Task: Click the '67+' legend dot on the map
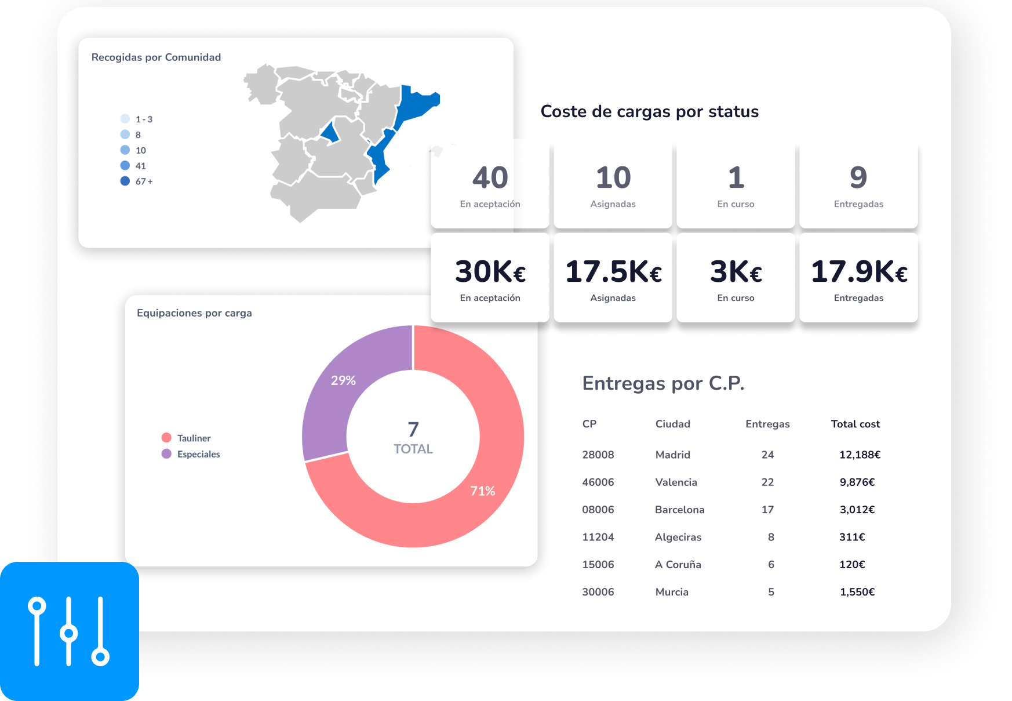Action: (125, 181)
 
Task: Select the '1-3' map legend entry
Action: (137, 119)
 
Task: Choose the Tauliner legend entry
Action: (186, 438)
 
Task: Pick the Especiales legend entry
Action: (191, 454)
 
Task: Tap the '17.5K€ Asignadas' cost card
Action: (613, 278)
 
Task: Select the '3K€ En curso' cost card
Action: (736, 278)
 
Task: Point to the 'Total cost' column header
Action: (856, 424)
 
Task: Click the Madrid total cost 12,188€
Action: (860, 455)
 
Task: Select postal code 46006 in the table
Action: (598, 482)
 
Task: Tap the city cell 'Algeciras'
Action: (678, 537)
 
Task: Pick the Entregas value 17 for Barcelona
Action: (768, 510)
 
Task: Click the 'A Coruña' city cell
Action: (678, 564)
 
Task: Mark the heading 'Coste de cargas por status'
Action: (650, 111)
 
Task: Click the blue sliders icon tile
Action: (70, 631)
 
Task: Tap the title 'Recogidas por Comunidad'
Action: (156, 57)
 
